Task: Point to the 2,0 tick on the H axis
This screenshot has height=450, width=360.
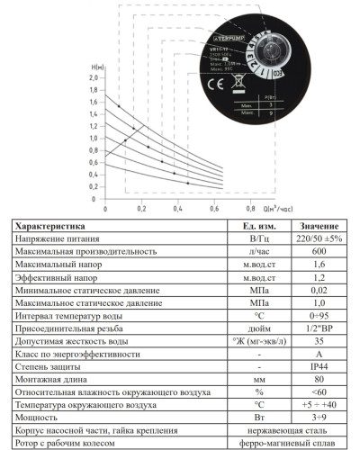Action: pyautogui.click(x=93, y=77)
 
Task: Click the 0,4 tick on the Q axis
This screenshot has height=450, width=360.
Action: pyautogui.click(x=178, y=209)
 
